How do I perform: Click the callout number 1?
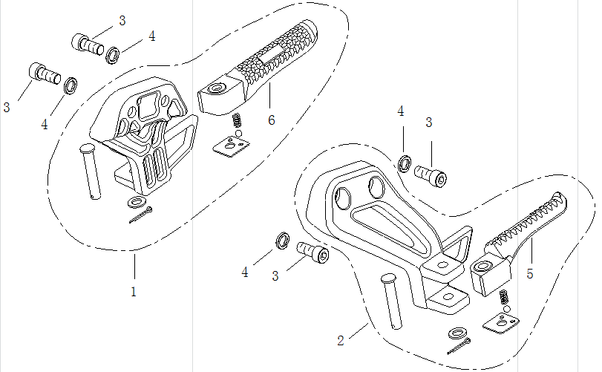(x=134, y=292)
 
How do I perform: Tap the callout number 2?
(x=340, y=341)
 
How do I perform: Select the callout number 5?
(x=530, y=274)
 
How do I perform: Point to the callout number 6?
(x=272, y=120)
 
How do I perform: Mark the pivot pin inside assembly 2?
(x=392, y=301)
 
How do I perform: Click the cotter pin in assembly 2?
(x=459, y=346)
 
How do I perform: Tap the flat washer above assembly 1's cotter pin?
(x=137, y=201)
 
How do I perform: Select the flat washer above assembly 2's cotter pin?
(x=456, y=331)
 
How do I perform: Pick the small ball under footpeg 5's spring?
(x=506, y=308)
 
